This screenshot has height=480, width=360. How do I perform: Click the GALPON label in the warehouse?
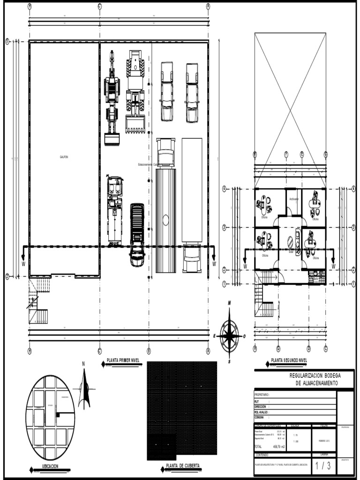pos(64,157)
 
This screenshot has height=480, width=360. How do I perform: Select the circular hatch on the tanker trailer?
pos(165,219)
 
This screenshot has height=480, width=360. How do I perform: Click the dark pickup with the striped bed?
pos(137,234)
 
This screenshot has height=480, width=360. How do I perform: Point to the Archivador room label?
pos(294,199)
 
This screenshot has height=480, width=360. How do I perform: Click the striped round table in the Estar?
pos(291,242)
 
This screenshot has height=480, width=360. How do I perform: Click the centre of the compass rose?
pos(229,335)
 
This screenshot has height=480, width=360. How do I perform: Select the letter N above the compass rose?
pos(229,303)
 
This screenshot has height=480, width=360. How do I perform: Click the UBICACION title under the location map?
pos(50,466)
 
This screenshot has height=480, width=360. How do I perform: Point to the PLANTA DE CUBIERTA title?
pos(182,466)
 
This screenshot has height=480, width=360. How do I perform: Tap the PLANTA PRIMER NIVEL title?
pos(123,360)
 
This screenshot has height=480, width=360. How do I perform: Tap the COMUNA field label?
pos(259,417)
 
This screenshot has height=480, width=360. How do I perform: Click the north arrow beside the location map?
pos(84,388)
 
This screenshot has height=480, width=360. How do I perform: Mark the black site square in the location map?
pos(58,415)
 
